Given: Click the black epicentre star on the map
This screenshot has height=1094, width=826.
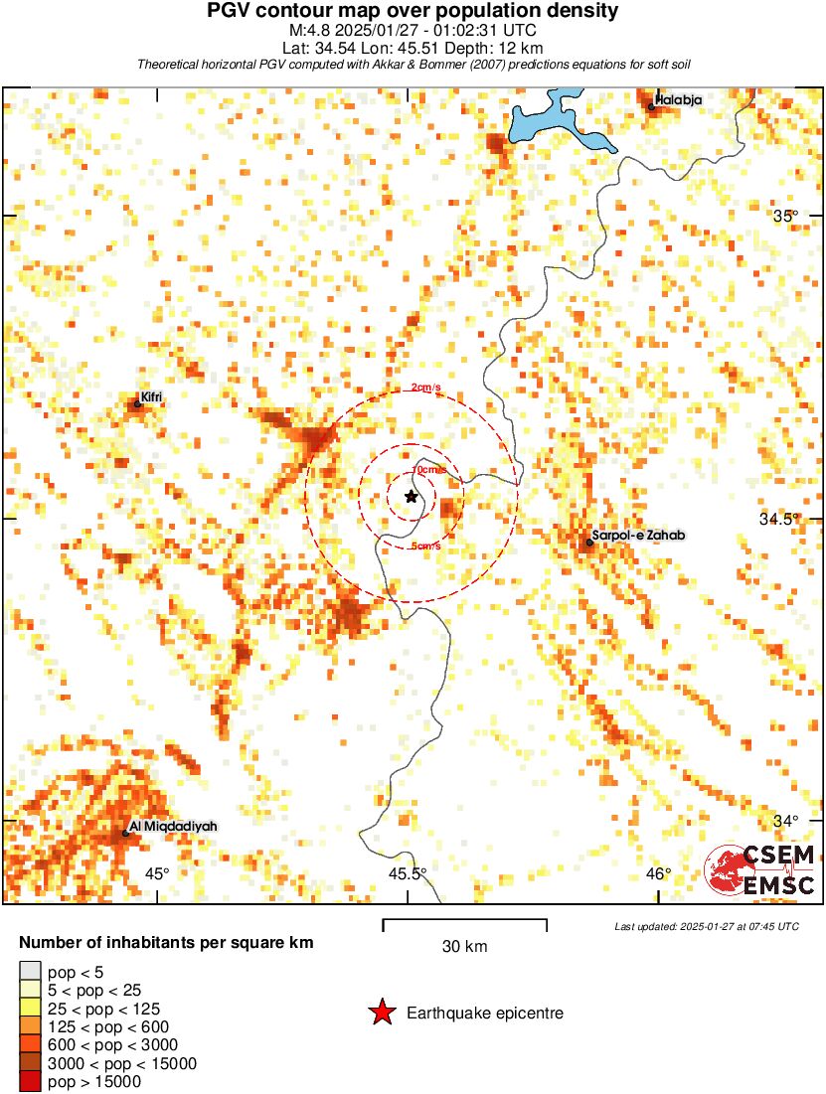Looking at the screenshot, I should point(412,496).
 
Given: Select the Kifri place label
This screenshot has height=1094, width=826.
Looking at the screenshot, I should point(151,397).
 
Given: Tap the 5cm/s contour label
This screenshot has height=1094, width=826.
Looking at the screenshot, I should point(425,546).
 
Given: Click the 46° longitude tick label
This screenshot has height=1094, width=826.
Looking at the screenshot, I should point(658,873).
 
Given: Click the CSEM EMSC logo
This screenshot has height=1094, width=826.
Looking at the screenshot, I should point(761,869).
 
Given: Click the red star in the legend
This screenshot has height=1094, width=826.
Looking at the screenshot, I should point(382,1013).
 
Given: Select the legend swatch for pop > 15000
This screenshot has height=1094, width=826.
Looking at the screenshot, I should point(30,1081).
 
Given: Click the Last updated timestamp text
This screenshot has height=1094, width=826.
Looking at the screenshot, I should point(706,926).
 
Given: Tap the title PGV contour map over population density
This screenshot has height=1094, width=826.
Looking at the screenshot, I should point(413,11).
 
